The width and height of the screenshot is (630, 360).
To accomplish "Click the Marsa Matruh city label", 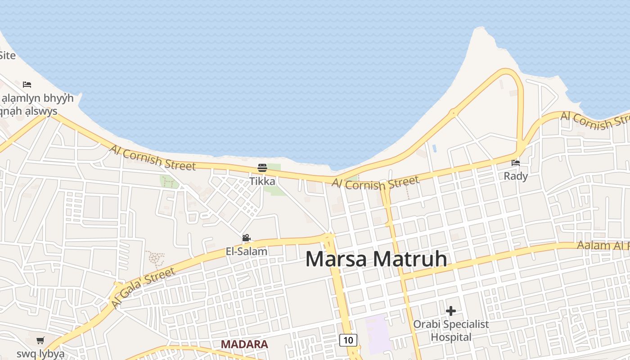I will coord(376,259).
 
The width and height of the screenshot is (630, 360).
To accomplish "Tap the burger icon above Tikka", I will coord(262,168).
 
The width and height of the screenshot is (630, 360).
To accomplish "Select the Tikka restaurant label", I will coord(262,181).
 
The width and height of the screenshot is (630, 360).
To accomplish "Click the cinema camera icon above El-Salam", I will coord(246,238).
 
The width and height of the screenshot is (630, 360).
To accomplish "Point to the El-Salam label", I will coord(247,251).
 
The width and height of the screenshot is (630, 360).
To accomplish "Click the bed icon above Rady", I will coord(516,162).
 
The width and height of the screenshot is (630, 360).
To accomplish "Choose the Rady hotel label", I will coord(516,176).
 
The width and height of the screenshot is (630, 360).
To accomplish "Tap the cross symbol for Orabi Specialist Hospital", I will coord(450,310).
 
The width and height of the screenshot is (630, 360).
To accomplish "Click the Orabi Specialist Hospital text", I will coord(451,330).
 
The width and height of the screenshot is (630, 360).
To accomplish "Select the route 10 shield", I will coord(348,340).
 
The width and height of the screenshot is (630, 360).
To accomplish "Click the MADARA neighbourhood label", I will coord(244,344).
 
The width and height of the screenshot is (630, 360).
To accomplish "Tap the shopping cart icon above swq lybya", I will coord(40,340).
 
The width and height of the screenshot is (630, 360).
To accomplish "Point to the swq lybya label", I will coord(40,353).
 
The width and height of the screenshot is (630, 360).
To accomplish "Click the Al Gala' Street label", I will coord(143,288).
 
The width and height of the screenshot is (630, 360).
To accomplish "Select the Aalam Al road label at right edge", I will coord(603,246).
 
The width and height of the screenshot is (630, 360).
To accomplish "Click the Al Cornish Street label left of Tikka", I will coord(153,157).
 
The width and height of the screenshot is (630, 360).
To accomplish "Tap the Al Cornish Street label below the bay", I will coord(376,183).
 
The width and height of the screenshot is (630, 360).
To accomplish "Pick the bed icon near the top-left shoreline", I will coord(27,84).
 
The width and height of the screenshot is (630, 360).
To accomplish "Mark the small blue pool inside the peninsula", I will coord(434,148).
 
